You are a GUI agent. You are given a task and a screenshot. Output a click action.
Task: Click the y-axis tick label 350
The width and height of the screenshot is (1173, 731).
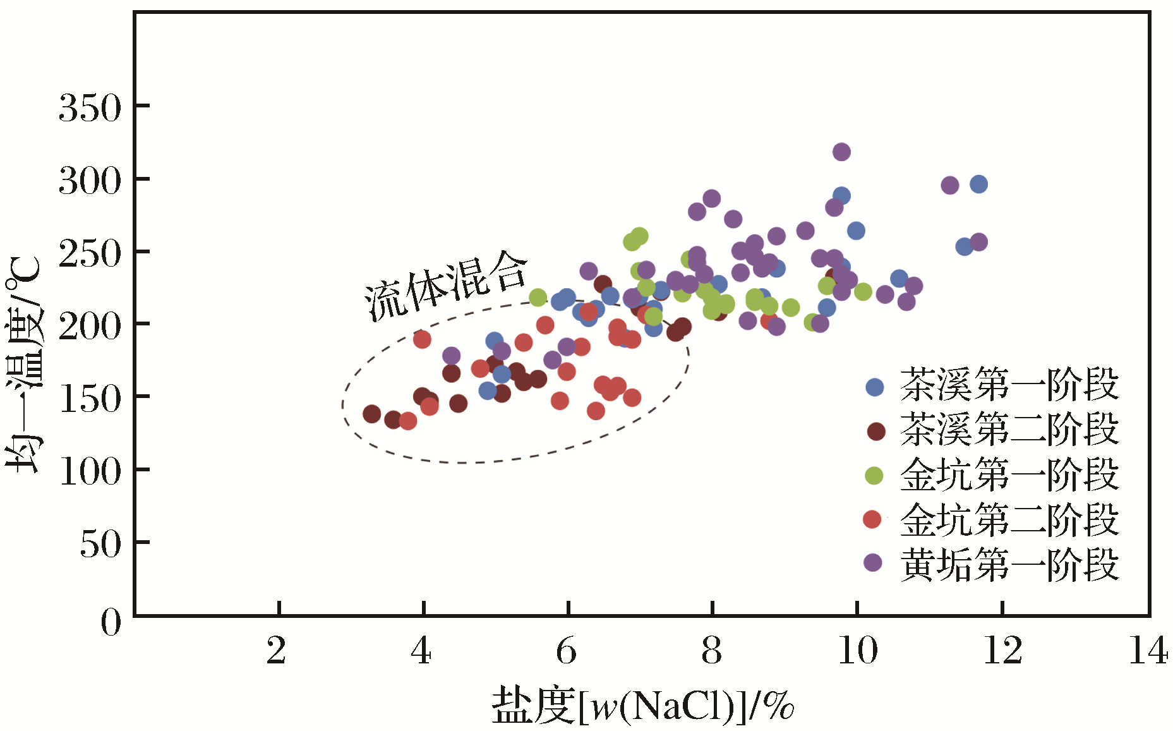coord(90,108)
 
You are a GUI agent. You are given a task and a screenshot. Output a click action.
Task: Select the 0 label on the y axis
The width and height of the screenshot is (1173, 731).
coord(111,623)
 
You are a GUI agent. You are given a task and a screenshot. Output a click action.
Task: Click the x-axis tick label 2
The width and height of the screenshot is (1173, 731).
coord(276,650)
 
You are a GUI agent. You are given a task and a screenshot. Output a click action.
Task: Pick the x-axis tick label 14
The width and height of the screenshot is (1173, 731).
coord(1148,650)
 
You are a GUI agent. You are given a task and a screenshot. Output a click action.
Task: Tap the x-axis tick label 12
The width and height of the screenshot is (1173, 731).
coord(1002,650)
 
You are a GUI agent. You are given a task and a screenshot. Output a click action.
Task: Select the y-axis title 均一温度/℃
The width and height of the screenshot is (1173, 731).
coord(24,365)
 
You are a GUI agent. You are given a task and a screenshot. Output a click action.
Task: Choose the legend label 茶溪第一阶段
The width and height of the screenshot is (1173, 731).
coord(1009,385)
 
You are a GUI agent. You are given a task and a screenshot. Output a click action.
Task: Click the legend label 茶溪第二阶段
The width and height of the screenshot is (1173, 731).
coord(1009,430)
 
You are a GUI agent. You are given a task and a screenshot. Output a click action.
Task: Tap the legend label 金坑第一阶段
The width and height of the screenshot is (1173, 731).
coord(1009,474)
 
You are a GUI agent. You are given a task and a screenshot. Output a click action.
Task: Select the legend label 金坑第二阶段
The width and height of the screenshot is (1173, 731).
coord(1009,520)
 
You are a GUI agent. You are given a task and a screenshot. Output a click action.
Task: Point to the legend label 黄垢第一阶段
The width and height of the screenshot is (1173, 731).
coord(1009,565)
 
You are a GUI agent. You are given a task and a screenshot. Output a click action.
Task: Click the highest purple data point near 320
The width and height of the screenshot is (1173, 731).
coord(841,152)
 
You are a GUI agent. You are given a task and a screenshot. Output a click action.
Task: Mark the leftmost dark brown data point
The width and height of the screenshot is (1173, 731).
coord(371,414)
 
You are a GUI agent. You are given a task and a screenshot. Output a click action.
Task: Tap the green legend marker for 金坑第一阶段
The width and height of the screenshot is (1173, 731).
coord(874,475)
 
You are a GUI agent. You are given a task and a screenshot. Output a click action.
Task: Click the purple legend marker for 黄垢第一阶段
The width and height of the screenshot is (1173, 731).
coord(873,562)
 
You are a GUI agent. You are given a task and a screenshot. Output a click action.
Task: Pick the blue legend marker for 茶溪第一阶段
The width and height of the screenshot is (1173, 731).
coord(874,387)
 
